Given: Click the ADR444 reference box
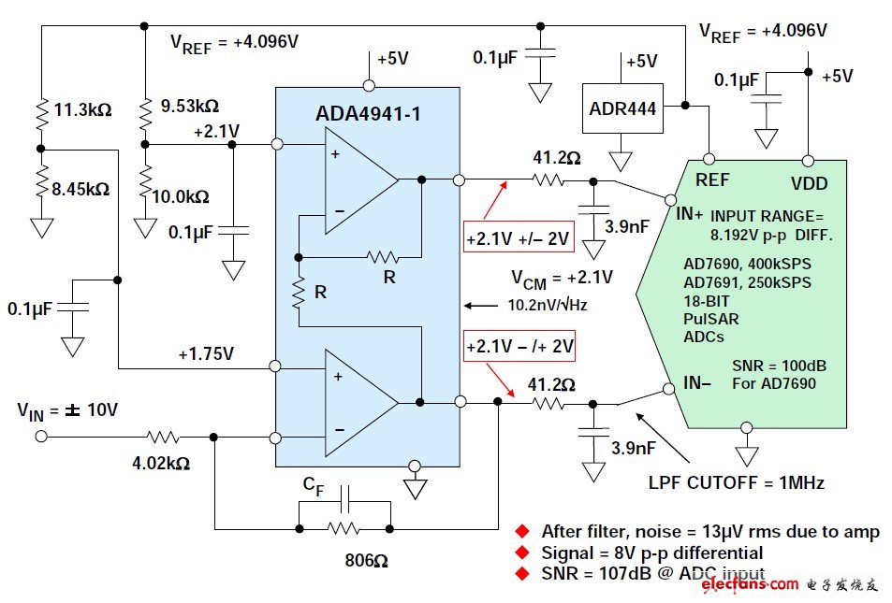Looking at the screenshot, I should [x=621, y=108].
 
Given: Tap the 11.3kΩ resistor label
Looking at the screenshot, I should [x=82, y=109].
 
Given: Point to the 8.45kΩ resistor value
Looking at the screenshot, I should [x=81, y=189].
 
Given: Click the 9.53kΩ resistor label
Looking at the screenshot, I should [x=189, y=105].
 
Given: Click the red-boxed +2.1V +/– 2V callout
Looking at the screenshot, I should [x=518, y=238].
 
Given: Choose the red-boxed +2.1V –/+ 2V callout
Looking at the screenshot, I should [x=519, y=348].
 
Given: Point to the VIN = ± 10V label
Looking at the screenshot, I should [x=67, y=409].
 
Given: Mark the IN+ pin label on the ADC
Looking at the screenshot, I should [x=690, y=214].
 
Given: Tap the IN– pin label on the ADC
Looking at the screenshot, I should [x=690, y=383].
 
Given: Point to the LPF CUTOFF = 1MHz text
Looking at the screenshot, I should [x=736, y=483].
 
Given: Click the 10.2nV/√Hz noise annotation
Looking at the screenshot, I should [x=546, y=305].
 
